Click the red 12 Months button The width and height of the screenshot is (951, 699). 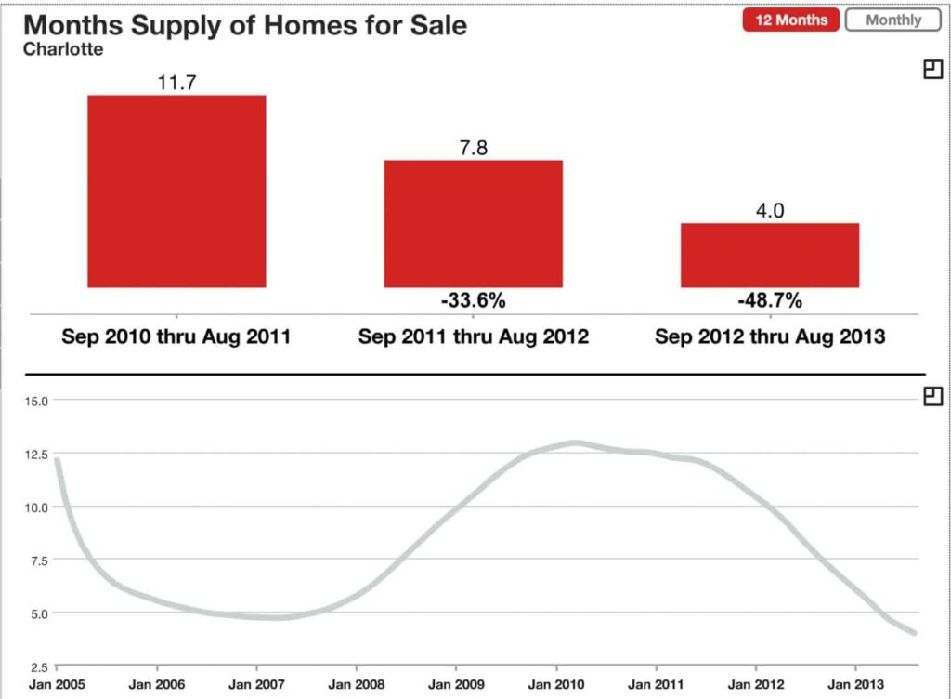point(790,20)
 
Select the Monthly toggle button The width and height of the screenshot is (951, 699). point(892,20)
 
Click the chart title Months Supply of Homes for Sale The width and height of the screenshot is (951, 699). point(245,25)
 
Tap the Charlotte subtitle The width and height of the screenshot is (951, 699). point(63,49)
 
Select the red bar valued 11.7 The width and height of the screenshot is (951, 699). point(176,191)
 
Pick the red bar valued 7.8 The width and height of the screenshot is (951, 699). point(473,224)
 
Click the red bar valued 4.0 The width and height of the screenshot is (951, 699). point(769,256)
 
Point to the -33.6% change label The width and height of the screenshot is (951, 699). point(473,301)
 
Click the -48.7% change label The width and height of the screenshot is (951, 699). point(769,301)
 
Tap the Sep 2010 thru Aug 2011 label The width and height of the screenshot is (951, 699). point(176,336)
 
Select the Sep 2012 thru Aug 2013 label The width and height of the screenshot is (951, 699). point(769,336)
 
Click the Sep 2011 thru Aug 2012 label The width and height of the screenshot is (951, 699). point(473,336)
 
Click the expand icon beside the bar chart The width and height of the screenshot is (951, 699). point(932,69)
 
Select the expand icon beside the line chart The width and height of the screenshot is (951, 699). point(932,397)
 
